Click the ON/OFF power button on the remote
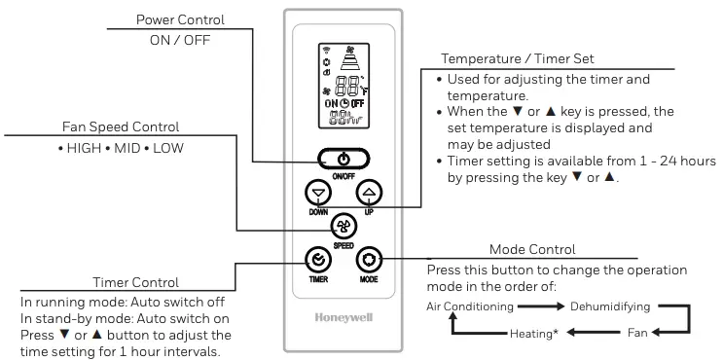(343, 158)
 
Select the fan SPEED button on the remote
(343, 226)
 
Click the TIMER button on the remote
(317, 260)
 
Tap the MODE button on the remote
(368, 260)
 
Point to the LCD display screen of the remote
(343, 88)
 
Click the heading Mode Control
(532, 249)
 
